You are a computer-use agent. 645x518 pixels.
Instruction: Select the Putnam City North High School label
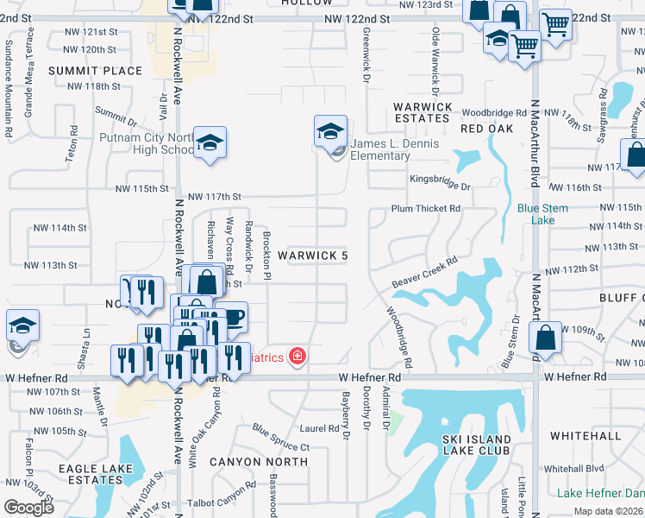147,143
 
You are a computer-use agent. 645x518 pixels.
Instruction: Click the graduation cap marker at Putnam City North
209,144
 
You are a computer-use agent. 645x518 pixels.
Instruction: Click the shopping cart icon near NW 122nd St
556,23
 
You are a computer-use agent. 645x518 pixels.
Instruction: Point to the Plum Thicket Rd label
426,209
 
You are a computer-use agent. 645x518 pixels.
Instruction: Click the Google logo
29,508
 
